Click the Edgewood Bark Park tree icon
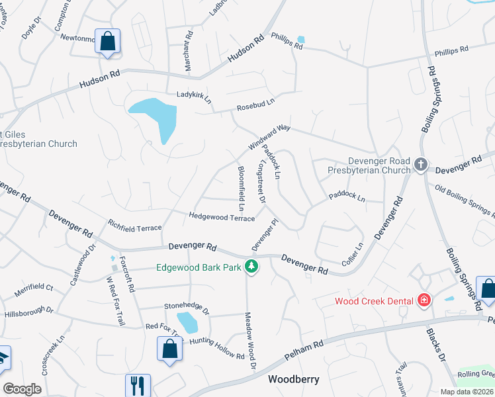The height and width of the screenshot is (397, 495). [x=251, y=267]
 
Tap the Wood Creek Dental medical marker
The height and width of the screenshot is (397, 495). [x=424, y=301]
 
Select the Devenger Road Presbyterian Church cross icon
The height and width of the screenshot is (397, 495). [x=420, y=165]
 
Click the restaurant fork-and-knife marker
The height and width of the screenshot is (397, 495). [x=138, y=385]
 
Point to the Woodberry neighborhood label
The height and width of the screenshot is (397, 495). [x=293, y=380]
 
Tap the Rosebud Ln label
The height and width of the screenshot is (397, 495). [x=255, y=103]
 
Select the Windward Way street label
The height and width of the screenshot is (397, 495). [x=269, y=137]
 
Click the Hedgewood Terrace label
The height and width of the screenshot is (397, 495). [x=222, y=217]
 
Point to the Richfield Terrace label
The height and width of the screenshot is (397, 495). [x=135, y=228]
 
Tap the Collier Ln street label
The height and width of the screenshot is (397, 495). [x=353, y=255]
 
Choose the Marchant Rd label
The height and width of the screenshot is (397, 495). [x=188, y=44]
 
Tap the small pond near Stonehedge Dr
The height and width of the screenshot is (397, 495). [x=188, y=322]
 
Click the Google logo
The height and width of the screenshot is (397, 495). [x=22, y=389]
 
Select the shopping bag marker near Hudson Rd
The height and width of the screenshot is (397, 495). [x=107, y=42]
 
